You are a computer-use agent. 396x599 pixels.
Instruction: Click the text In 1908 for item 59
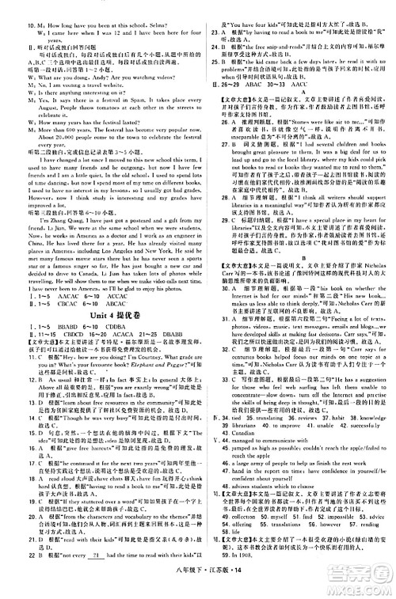(x=228, y=591)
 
